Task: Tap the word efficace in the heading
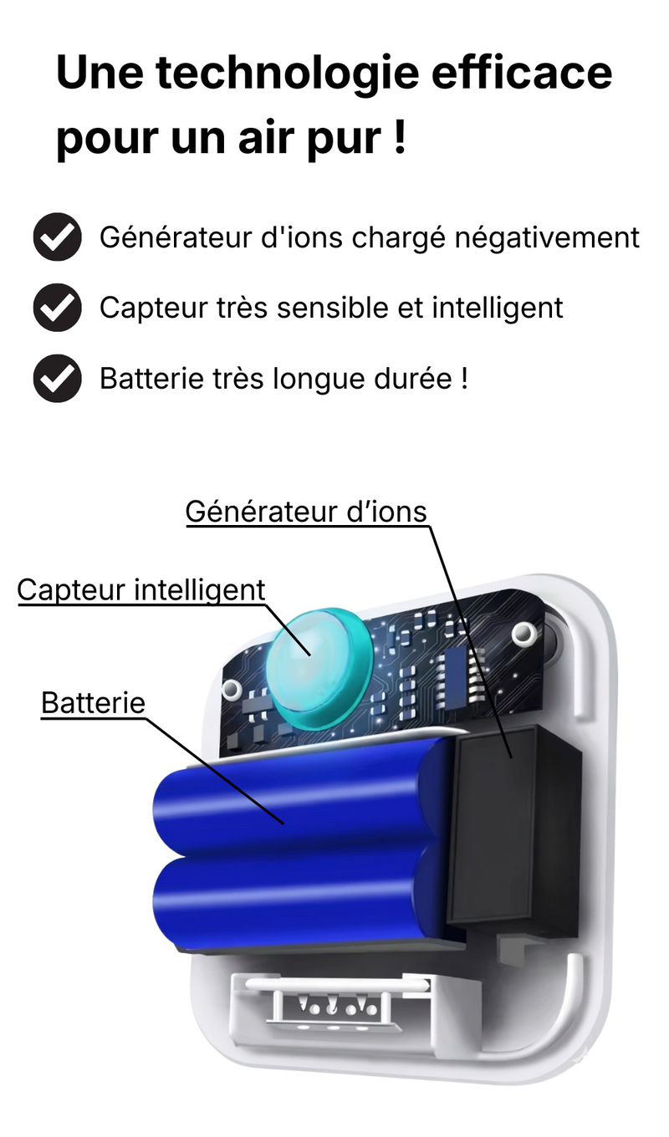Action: pyautogui.click(x=522, y=72)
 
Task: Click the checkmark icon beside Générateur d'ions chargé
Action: pyautogui.click(x=58, y=237)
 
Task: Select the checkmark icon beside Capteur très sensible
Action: pyautogui.click(x=58, y=308)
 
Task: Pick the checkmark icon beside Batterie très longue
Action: pyautogui.click(x=58, y=379)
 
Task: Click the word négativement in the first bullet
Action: pyautogui.click(x=547, y=238)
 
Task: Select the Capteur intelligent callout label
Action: pyautogui.click(x=141, y=591)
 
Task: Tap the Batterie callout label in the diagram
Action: pyautogui.click(x=94, y=703)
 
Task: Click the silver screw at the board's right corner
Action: pyautogui.click(x=523, y=634)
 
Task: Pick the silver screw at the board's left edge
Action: pyautogui.click(x=232, y=689)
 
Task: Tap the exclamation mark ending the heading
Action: pyautogui.click(x=400, y=136)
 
